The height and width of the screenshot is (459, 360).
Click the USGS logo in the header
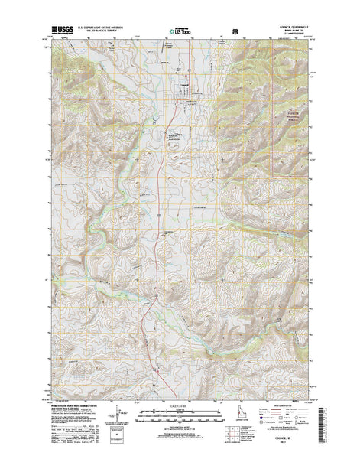(54, 33)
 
